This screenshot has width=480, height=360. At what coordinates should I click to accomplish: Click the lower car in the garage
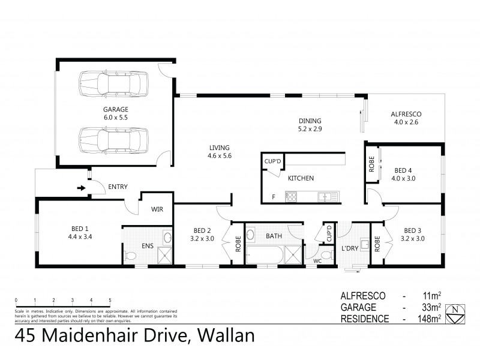tap(113, 139)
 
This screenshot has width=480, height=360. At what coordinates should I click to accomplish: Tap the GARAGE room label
tap(115, 110)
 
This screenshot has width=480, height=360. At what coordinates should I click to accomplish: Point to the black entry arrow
tap(82, 187)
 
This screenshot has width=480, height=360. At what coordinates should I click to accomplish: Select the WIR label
tap(157, 209)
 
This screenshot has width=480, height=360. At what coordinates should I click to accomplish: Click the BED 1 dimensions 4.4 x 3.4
tap(80, 236)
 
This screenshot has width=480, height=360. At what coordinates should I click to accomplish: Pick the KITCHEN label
tap(301, 178)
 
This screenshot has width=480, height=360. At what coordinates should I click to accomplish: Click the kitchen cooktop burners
tap(292, 196)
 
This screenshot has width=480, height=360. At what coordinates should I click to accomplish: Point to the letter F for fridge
tap(274, 196)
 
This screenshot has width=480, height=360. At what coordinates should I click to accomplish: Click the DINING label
tap(310, 120)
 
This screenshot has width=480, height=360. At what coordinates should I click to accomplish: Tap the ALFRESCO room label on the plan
tap(406, 114)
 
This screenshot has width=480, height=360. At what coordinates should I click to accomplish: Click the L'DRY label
tap(350, 248)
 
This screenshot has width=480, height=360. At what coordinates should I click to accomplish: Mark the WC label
tap(317, 261)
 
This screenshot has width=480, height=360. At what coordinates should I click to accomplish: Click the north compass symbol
tap(458, 310)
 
